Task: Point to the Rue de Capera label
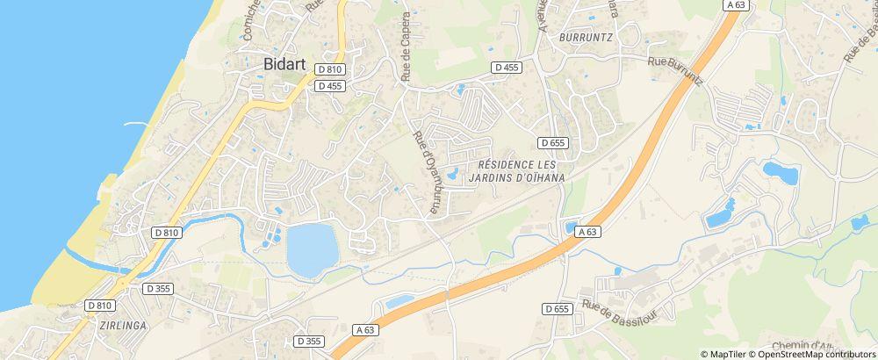point(406,48)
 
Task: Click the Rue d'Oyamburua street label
point(426,172)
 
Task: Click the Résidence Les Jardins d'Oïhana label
point(521,170)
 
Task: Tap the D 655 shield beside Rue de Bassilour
point(557,308)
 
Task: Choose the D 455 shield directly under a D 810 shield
point(330,86)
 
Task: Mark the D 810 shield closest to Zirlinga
point(100,305)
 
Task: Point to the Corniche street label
point(249,22)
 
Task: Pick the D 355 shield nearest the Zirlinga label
point(158,287)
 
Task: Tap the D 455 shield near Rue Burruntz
point(507,67)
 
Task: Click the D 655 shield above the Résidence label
point(554,142)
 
